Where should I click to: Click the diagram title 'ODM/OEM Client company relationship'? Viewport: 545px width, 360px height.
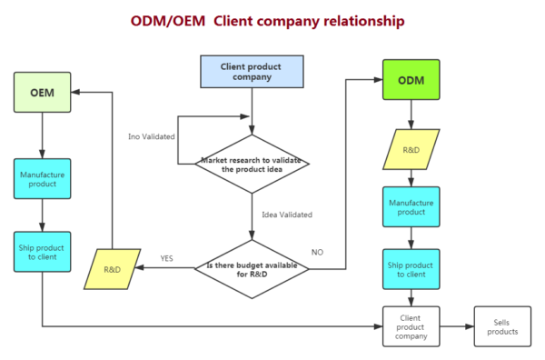pos(268,19)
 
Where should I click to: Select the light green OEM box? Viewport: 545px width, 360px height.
pos(43,92)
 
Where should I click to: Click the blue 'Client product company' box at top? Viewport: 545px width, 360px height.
pos(252,72)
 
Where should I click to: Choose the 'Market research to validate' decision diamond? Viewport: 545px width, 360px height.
pos(252,165)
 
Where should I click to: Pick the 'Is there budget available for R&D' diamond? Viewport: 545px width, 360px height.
pos(252,268)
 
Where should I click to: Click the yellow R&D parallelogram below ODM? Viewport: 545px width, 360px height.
pos(411,149)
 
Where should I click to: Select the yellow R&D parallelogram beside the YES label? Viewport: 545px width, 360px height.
pos(114,270)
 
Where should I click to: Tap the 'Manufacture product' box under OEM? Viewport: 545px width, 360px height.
pos(43,178)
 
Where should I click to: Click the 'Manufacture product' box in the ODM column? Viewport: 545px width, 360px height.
pos(411,206)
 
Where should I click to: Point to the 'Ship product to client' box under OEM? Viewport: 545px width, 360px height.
pos(43,250)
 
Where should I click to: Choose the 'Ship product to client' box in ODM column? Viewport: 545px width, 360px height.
pos(411,268)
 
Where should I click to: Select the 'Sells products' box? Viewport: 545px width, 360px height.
pos(501,325)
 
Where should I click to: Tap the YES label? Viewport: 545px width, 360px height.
pos(167,258)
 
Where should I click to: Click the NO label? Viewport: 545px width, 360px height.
pos(317,252)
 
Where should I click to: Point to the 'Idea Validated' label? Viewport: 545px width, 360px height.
pos(286,215)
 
